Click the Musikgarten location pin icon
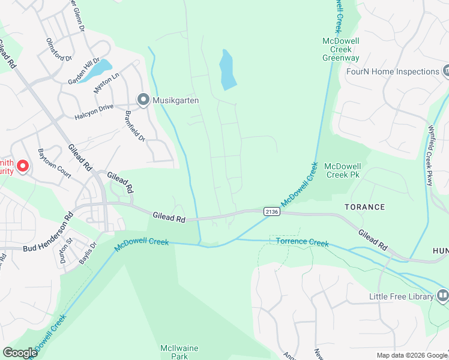(x=143, y=100)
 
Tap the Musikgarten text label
(x=175, y=100)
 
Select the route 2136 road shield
(x=271, y=211)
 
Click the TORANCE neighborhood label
(x=364, y=207)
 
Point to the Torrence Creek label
(x=302, y=242)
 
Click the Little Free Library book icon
(x=442, y=295)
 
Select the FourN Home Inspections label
(x=393, y=71)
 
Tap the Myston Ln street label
(x=107, y=83)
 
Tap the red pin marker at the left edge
(x=22, y=166)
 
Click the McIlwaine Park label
(x=179, y=352)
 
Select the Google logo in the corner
(x=20, y=353)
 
